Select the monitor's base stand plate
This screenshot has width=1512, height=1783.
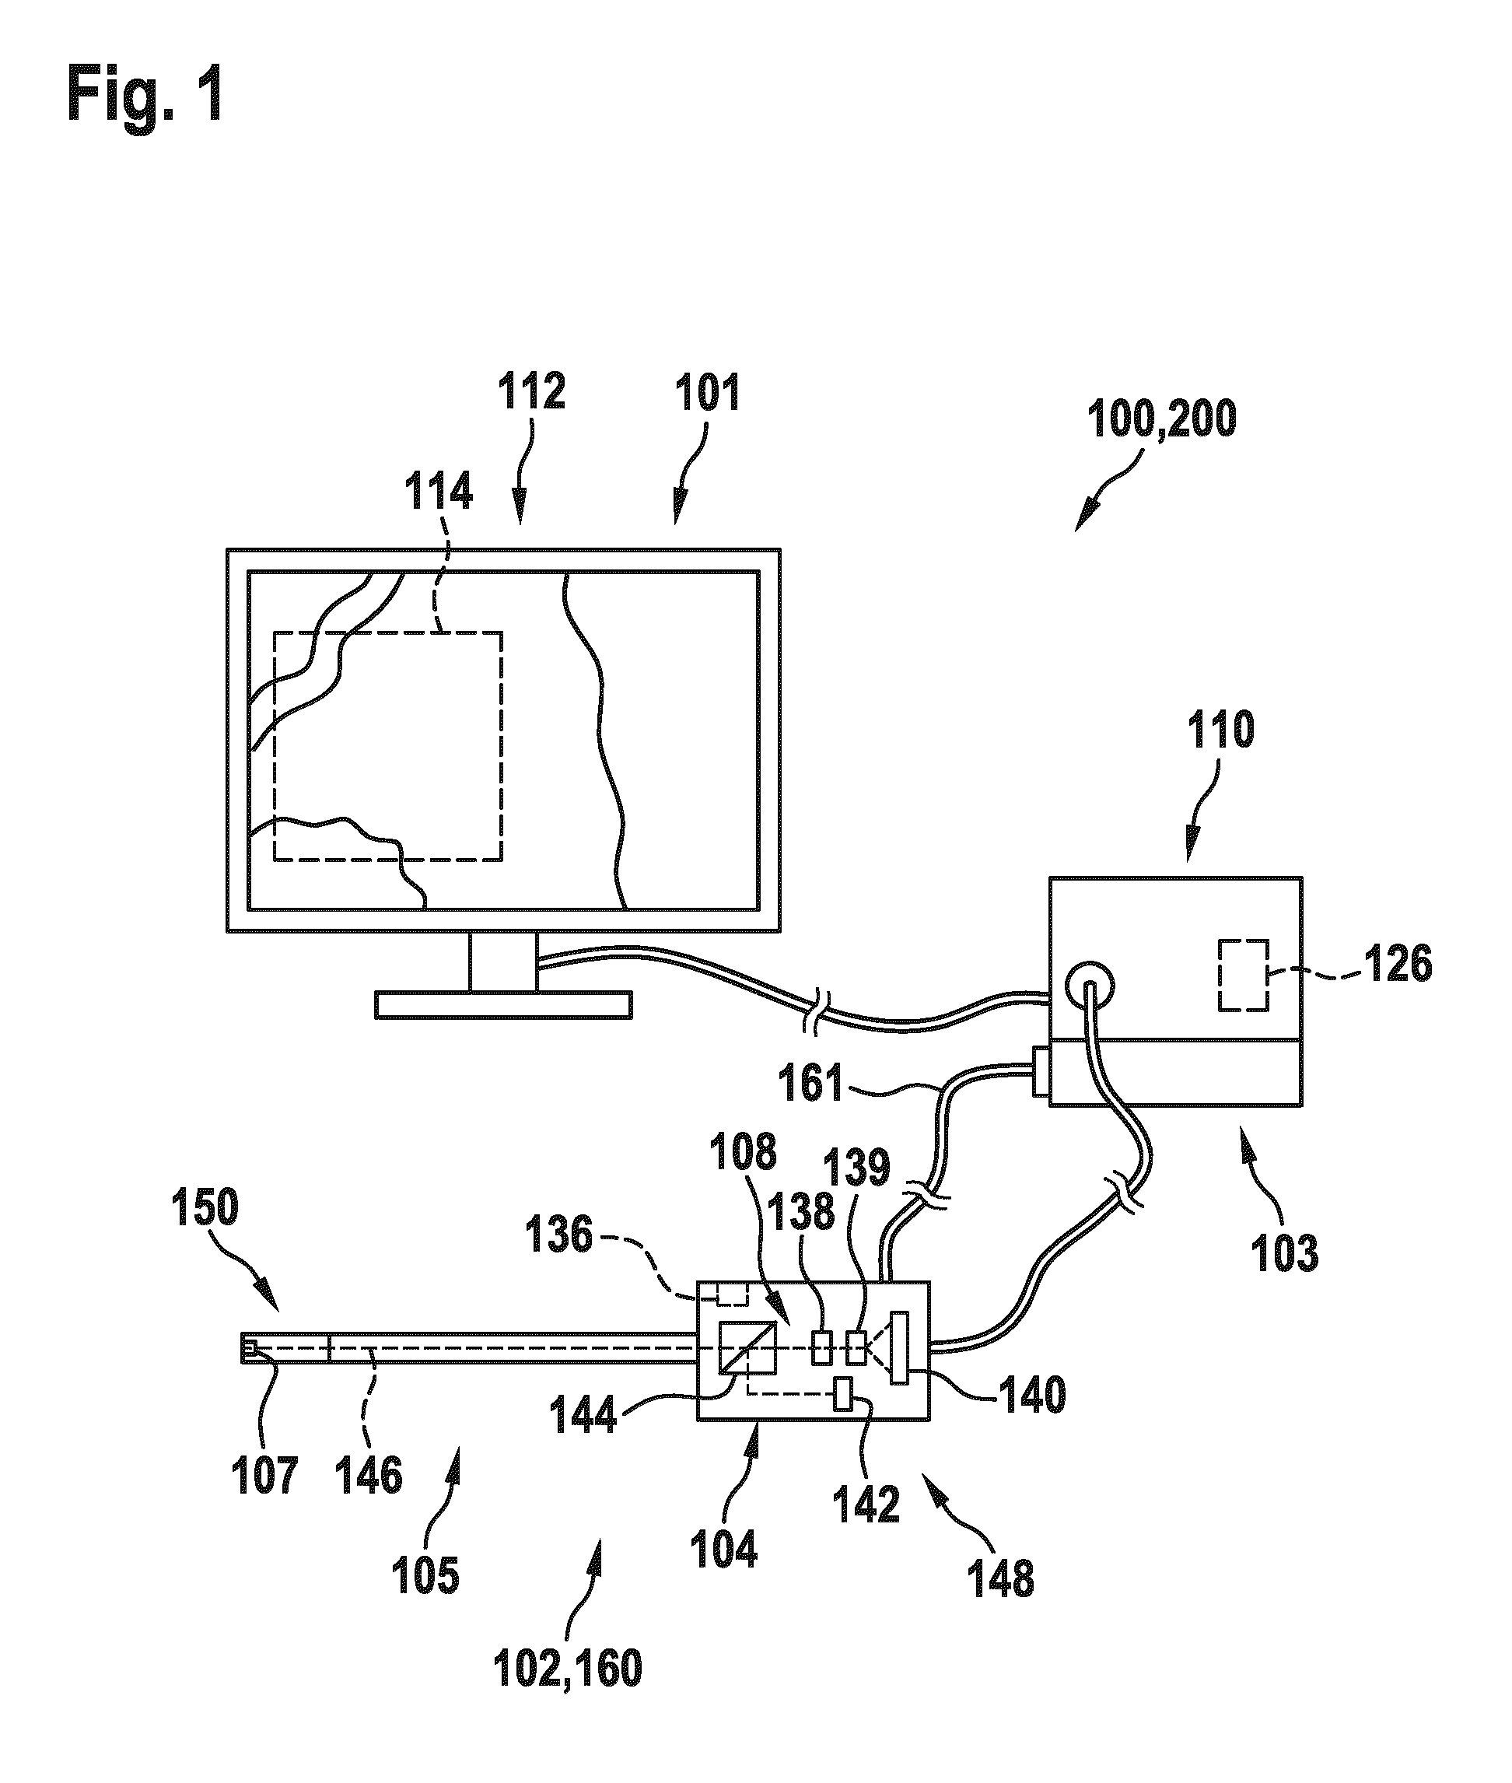pos(503,1004)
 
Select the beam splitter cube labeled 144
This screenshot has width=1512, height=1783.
pos(747,1352)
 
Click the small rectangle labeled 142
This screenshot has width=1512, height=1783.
pos(843,1393)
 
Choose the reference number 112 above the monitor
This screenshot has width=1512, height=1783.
pos(532,392)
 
